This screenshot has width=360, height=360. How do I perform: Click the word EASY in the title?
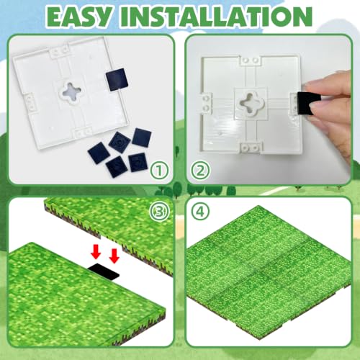(x=81, y=17)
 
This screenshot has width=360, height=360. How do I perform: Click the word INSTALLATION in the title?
(x=216, y=17)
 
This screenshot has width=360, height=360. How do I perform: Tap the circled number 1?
(x=159, y=171)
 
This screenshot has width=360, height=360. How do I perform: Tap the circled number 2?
(x=200, y=171)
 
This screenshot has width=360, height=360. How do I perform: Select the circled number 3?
(x=159, y=212)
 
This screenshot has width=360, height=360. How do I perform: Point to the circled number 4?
(x=200, y=212)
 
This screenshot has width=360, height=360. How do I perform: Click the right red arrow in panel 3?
(x=114, y=256)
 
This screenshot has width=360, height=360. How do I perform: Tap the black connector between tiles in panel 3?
(x=104, y=271)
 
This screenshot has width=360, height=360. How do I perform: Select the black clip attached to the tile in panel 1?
(x=117, y=79)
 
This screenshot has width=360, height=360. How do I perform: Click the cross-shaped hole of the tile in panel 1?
(x=71, y=92)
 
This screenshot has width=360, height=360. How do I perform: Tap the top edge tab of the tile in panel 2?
(x=251, y=60)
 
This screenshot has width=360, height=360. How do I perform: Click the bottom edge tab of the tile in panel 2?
(x=251, y=148)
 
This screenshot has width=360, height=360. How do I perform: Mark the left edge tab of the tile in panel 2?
(x=207, y=103)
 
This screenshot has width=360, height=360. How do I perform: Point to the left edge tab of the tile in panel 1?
(x=30, y=103)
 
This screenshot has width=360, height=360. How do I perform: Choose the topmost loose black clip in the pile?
(x=143, y=138)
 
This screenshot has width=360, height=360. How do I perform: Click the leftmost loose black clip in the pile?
(x=99, y=153)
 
